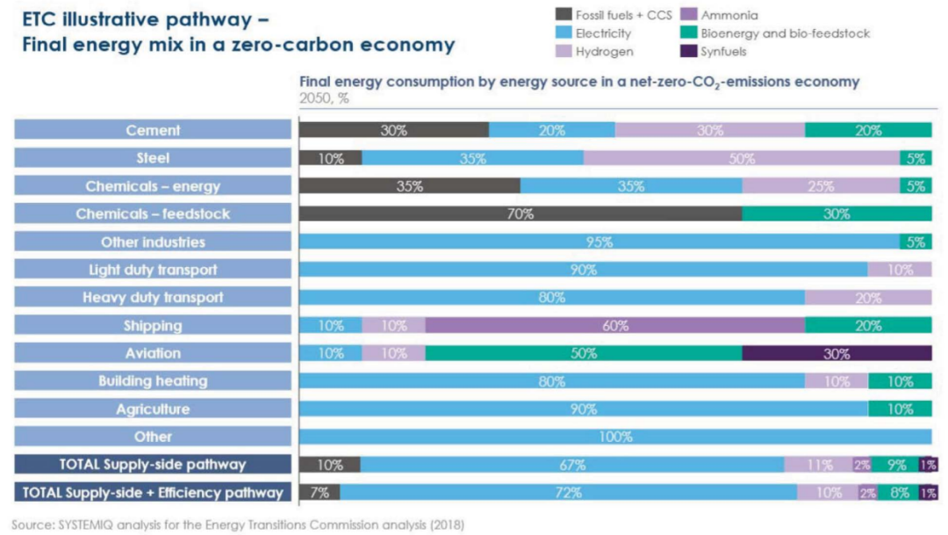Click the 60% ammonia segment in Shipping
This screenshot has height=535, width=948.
(614, 326)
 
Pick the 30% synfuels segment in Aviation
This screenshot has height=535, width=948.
(837, 354)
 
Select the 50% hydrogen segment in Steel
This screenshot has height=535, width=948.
(741, 159)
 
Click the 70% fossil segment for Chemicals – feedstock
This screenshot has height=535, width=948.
(520, 214)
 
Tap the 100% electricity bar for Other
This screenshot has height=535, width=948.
(614, 437)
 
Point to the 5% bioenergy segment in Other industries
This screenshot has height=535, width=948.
(916, 242)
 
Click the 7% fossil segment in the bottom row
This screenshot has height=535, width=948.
(320, 493)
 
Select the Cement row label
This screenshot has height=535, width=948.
(153, 131)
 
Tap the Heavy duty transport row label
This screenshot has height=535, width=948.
(153, 298)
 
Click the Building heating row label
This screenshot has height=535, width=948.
(153, 381)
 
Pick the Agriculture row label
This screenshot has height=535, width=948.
(153, 409)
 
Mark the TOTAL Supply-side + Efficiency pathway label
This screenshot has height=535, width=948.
(153, 493)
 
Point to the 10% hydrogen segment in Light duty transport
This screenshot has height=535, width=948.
(900, 271)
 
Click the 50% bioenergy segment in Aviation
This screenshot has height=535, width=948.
(583, 354)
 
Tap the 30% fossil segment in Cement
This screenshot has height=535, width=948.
(393, 131)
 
